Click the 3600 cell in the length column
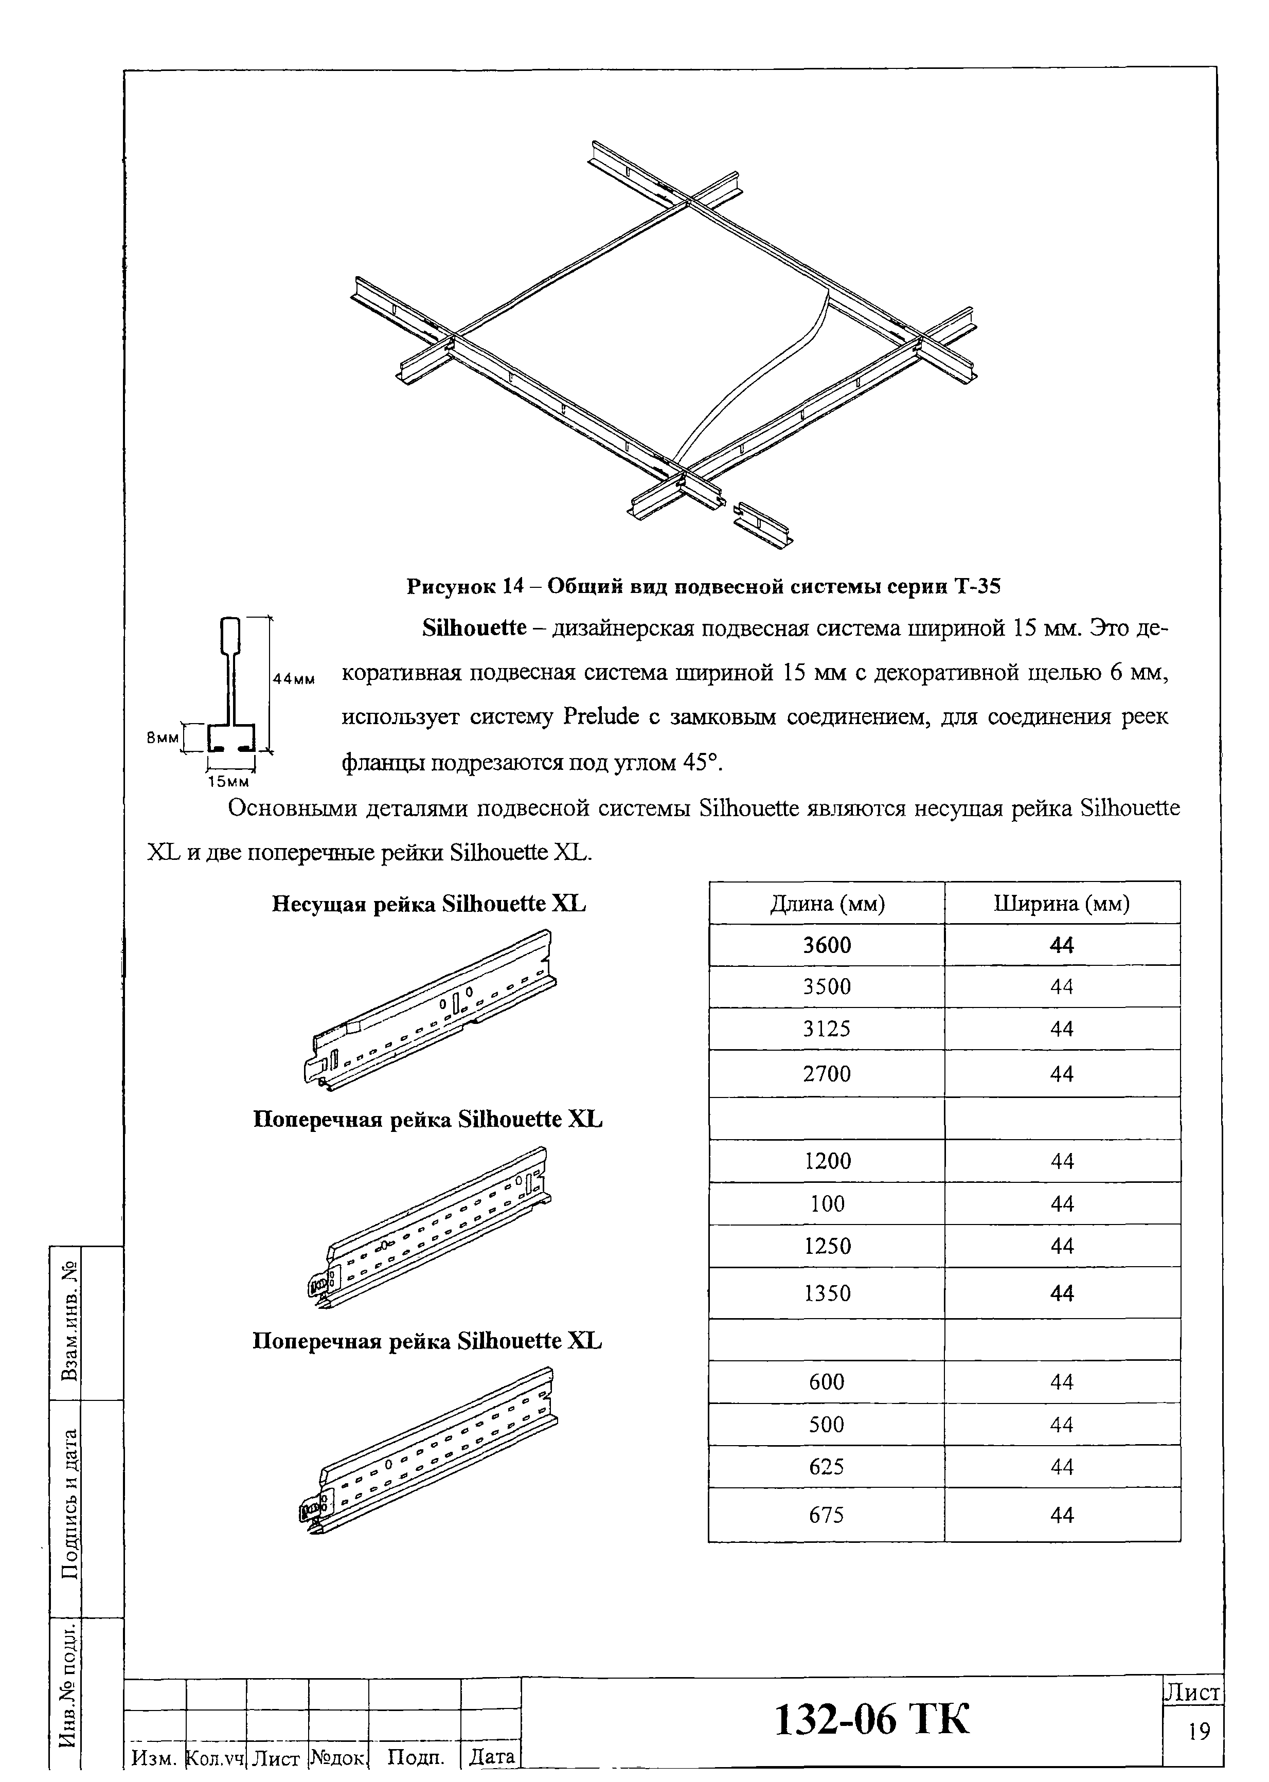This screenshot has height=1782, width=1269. tap(827, 945)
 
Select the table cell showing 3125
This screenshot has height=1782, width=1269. tap(827, 1029)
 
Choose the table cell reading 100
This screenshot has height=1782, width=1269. tap(827, 1204)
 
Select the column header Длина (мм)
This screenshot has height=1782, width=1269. tap(827, 904)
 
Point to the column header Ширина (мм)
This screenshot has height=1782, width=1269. tap(1061, 904)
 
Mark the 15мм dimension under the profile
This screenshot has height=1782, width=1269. tap(228, 781)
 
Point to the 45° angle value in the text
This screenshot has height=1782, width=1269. tap(700, 763)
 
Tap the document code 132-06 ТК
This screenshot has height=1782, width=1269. tap(871, 1719)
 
